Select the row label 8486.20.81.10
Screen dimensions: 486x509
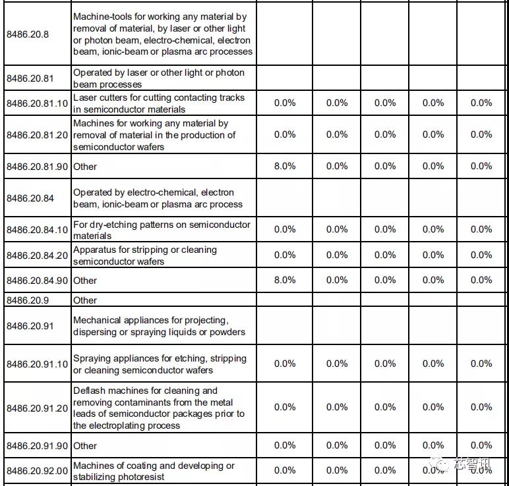click(x=37, y=103)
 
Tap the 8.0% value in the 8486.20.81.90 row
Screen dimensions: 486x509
click(x=284, y=166)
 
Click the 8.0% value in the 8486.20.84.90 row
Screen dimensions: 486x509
click(x=284, y=280)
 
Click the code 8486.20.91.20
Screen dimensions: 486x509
click(x=37, y=408)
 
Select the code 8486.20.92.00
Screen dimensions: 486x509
click(x=37, y=471)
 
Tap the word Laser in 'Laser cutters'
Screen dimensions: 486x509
click(x=85, y=97)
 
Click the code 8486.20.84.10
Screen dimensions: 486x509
click(x=37, y=230)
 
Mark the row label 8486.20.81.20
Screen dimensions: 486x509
click(x=37, y=135)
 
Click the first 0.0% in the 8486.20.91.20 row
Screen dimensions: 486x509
click(x=284, y=407)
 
